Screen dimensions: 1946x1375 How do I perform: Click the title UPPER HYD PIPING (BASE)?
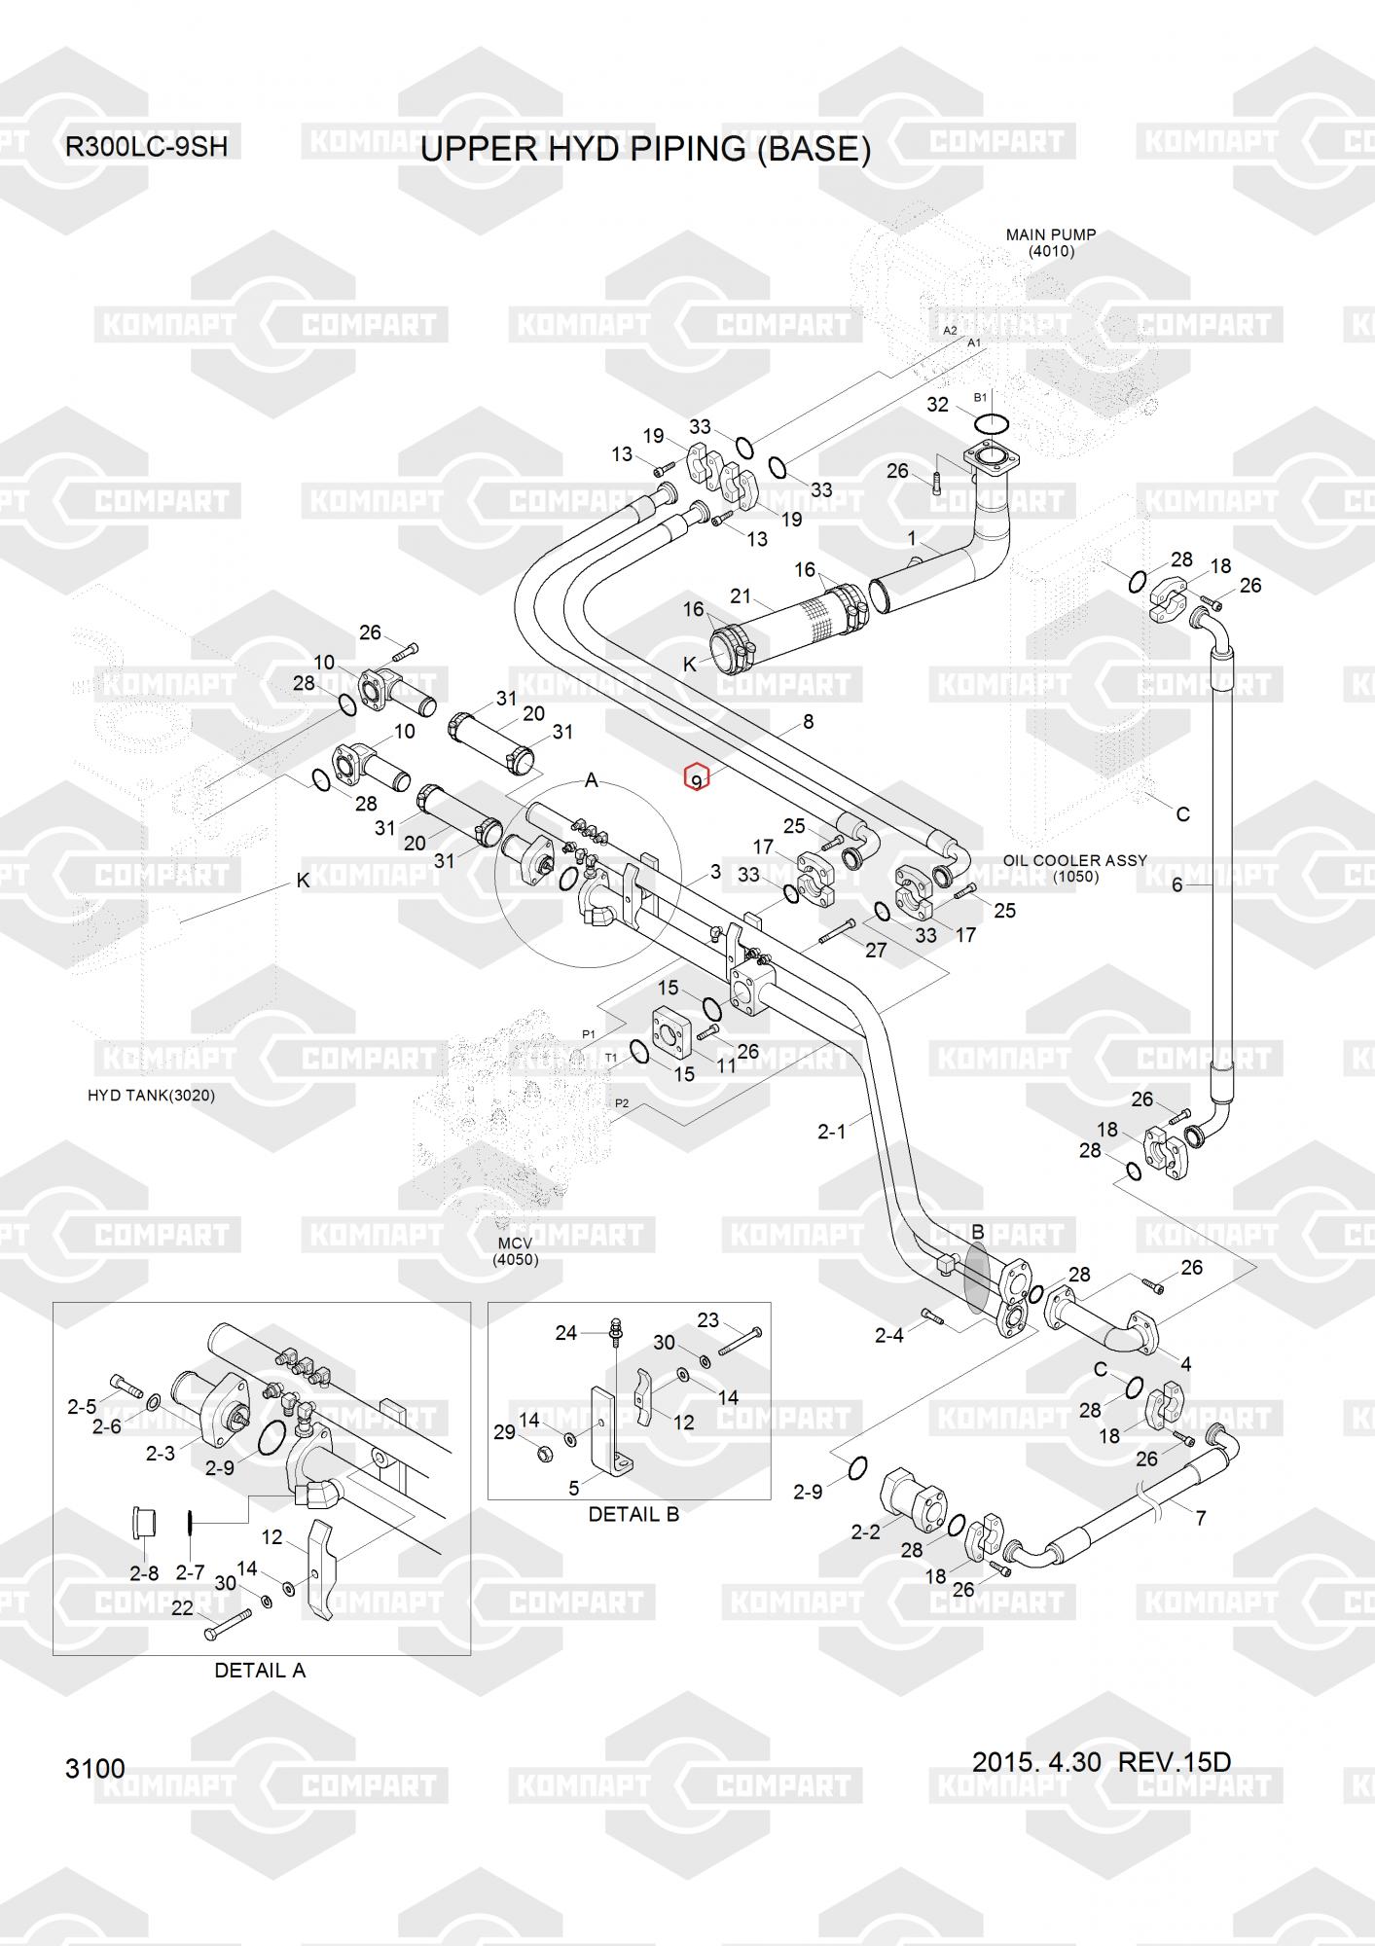(x=645, y=149)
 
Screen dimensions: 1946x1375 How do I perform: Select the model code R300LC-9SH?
(x=146, y=147)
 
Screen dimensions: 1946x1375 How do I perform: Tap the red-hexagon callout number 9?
(x=696, y=779)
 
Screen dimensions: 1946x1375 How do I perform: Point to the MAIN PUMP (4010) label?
(x=1051, y=242)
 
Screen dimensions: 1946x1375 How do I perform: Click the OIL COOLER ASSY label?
(x=1075, y=861)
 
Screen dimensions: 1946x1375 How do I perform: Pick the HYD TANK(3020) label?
(x=151, y=1096)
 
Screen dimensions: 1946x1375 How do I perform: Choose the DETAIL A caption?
(x=260, y=1671)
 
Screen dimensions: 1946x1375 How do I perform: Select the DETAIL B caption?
(x=633, y=1514)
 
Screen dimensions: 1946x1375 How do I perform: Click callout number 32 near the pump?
(x=937, y=405)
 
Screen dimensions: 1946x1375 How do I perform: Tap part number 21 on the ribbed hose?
(x=741, y=596)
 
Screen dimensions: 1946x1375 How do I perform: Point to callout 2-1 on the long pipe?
(x=832, y=1131)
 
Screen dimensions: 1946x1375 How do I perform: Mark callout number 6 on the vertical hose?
(x=1176, y=885)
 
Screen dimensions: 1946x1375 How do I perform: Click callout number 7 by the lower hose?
(x=1201, y=1518)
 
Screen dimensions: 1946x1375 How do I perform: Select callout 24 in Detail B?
(x=566, y=1333)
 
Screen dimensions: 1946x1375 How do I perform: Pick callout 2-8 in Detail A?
(x=144, y=1573)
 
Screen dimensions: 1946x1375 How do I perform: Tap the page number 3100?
(x=95, y=1768)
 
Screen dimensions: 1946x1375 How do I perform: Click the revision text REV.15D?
(x=1175, y=1762)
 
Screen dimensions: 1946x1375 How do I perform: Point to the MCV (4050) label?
(x=515, y=1251)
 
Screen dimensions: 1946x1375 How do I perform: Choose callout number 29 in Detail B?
(x=504, y=1432)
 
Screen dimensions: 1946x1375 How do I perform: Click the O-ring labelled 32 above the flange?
(x=991, y=424)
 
